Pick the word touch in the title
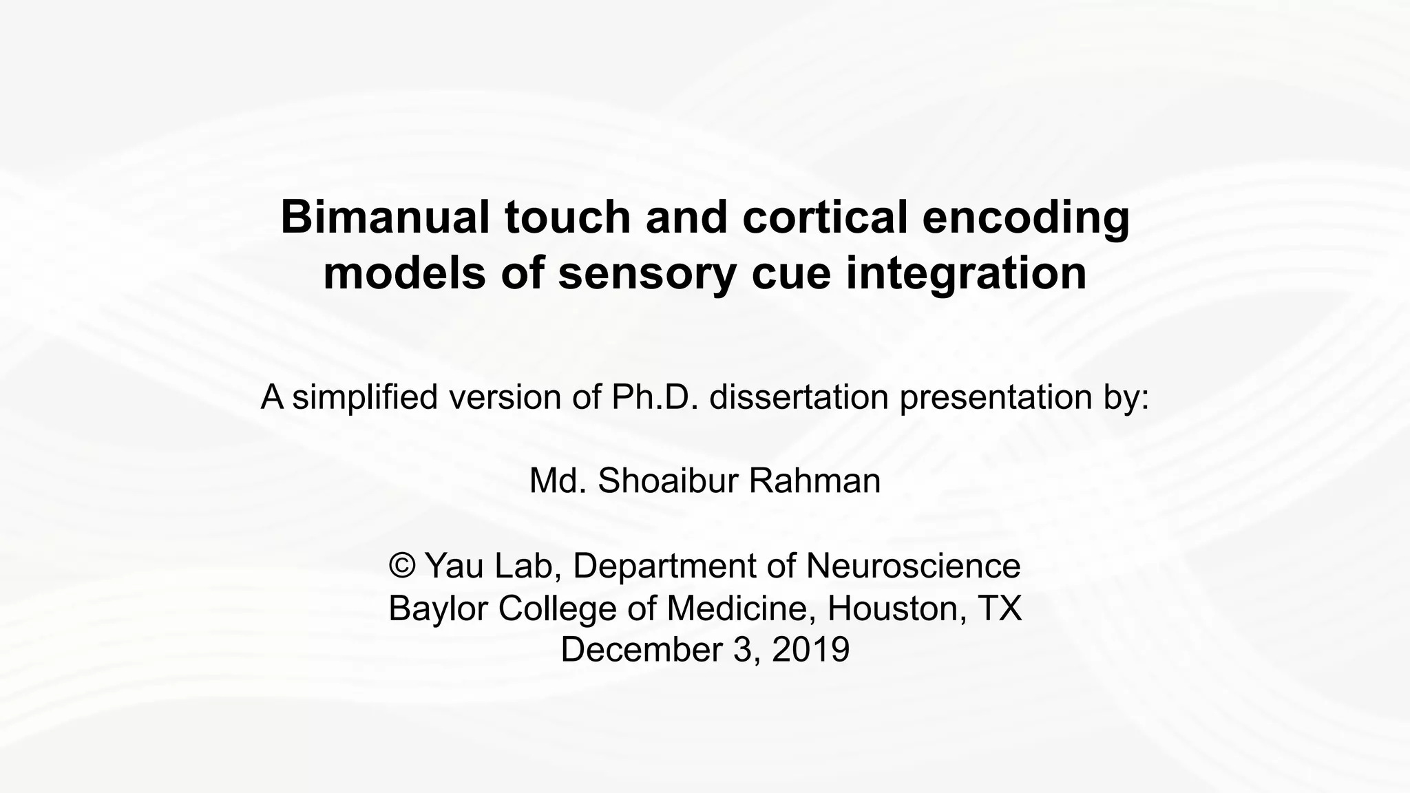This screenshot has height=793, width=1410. [x=567, y=218]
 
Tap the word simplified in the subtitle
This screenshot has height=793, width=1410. [x=365, y=397]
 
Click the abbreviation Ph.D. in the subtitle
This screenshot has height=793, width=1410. [x=655, y=397]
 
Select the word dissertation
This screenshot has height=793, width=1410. [x=799, y=397]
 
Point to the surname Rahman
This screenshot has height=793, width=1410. [x=814, y=481]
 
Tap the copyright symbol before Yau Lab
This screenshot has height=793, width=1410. [x=402, y=566]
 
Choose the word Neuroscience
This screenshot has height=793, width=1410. [x=913, y=566]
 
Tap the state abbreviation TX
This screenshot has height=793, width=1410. [x=1000, y=609]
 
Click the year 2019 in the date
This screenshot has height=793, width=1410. [x=810, y=650]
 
